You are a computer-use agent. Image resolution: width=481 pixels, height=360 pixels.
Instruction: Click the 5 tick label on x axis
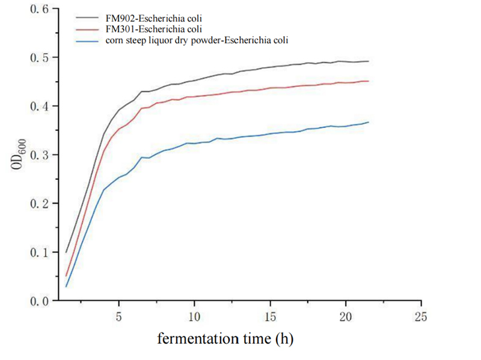[x=119, y=316]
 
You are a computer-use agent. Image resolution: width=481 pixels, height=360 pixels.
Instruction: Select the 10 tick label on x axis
[x=194, y=316]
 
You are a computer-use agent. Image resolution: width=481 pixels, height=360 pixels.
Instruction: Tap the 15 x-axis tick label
[x=270, y=316]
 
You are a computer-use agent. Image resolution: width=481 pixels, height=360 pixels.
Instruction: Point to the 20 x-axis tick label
[x=345, y=316]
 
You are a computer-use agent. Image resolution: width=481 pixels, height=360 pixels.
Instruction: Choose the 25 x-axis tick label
[x=421, y=316]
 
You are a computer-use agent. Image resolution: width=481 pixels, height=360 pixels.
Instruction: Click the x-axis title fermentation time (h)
[x=225, y=339]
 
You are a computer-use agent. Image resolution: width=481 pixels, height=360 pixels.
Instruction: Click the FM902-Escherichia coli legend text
[x=149, y=19]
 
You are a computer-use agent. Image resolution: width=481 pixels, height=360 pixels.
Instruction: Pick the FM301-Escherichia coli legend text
[x=149, y=29]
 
